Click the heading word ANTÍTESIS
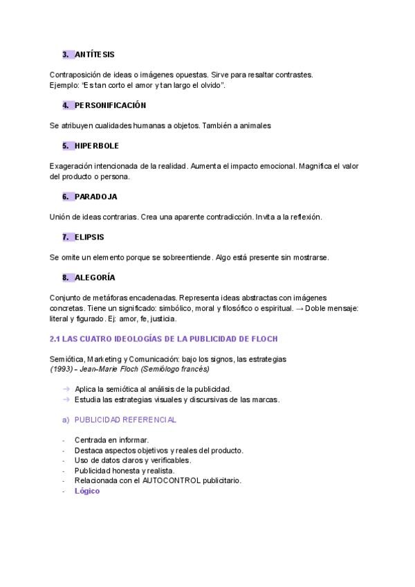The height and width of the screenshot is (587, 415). point(95,54)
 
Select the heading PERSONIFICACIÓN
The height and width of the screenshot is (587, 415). point(110,105)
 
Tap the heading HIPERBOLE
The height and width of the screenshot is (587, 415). point(97,146)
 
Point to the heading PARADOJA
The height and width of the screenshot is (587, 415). point(96,197)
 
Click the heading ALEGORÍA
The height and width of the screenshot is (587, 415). point(95,278)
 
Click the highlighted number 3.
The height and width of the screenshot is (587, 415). point(65,54)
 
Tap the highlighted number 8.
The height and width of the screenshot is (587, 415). point(65,278)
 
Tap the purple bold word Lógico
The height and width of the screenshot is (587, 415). point(87,491)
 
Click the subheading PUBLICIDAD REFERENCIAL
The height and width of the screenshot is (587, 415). point(125,419)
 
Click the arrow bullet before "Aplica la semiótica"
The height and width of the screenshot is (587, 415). point(66,389)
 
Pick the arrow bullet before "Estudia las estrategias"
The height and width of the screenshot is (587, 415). point(66,399)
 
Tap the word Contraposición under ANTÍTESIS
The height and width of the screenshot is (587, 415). point(75,74)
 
